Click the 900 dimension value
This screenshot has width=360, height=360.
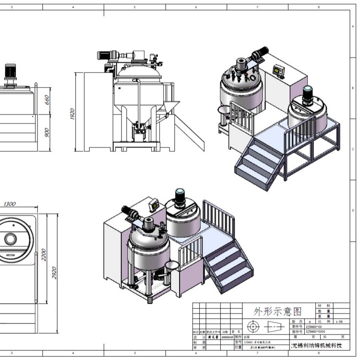(47, 132)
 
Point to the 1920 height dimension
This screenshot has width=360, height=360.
(72, 114)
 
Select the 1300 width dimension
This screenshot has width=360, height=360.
(9, 204)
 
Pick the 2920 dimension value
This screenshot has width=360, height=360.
(54, 273)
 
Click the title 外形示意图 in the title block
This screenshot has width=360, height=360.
(272, 312)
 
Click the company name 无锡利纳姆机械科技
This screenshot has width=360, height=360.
(317, 346)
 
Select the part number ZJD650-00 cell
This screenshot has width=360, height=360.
(314, 326)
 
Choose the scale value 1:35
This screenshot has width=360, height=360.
(339, 322)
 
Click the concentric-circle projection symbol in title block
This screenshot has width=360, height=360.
(252, 327)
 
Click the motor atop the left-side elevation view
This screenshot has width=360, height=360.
(11, 72)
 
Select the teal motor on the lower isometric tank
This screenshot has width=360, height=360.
(181, 194)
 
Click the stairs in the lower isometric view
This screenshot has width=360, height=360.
(228, 266)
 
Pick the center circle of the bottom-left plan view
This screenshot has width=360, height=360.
(10, 239)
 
